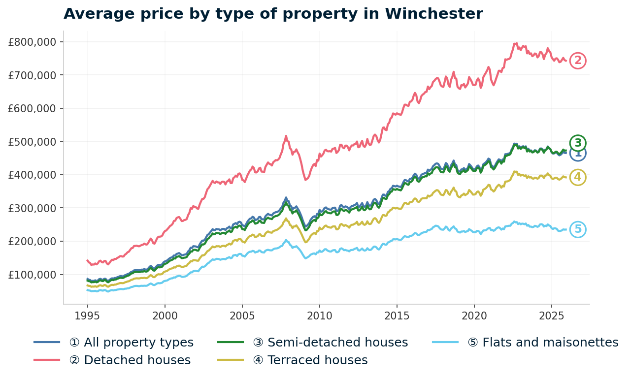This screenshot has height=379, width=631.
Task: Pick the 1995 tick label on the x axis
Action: [88, 315]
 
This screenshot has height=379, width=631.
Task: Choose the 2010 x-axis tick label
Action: [320, 315]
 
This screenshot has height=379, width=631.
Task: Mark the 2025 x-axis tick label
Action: [551, 315]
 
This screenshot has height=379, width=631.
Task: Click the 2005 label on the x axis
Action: [242, 315]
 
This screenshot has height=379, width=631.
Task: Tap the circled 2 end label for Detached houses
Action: [578, 61]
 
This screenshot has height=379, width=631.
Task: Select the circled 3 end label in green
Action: [578, 143]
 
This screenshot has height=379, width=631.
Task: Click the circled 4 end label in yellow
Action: [578, 177]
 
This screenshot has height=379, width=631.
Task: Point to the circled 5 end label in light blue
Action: [578, 229]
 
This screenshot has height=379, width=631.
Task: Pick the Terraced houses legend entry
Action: [310, 360]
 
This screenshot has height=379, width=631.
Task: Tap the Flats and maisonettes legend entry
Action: [542, 343]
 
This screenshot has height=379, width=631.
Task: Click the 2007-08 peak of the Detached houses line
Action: [286, 136]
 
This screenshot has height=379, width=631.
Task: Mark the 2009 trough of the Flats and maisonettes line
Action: [306, 258]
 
